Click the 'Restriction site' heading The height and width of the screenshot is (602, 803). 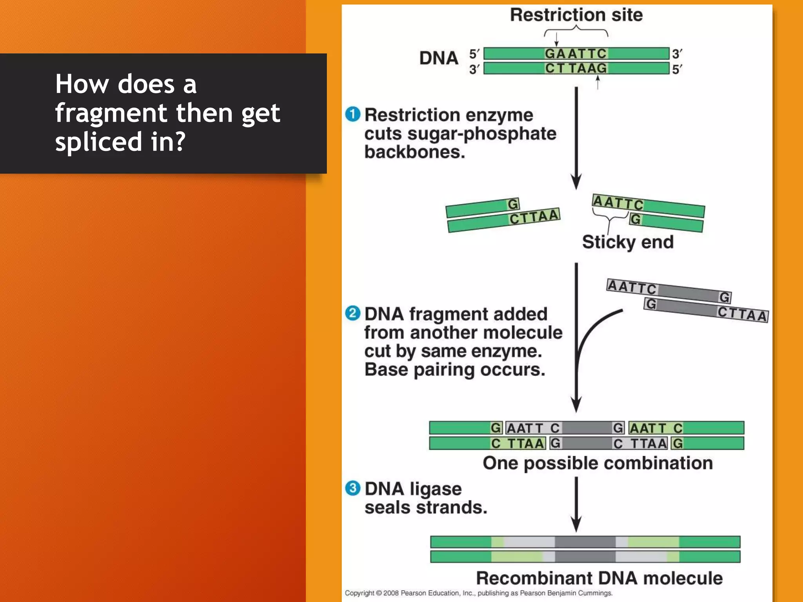coord(576,15)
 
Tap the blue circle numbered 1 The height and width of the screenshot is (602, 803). coord(352,114)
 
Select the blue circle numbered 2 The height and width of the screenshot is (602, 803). coord(352,313)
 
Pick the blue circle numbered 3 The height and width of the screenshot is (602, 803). coord(352,488)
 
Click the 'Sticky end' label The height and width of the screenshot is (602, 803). coord(628,242)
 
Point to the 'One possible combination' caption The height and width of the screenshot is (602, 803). coord(598,463)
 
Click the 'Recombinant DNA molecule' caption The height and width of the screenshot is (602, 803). coord(599,578)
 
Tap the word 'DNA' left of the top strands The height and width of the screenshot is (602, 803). coord(439,58)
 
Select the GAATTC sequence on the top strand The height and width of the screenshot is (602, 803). coord(576,53)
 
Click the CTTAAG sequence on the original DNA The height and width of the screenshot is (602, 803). coord(576,68)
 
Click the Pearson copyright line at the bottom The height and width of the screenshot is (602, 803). coord(478,593)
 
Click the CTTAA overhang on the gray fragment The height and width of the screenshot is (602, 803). coord(742,314)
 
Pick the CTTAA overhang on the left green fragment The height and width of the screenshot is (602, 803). coord(534,217)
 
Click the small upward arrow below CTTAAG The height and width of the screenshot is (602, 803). coord(598,82)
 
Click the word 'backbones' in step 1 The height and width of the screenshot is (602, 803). coord(414,152)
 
